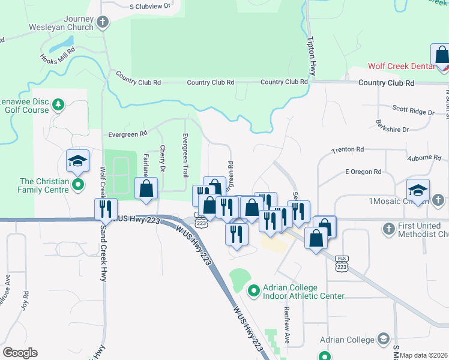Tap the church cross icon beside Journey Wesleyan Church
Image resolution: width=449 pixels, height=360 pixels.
tap(103, 23)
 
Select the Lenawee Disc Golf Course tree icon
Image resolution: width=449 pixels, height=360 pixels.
tap(58, 106)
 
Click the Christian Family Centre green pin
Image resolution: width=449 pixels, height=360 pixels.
tap(77, 184)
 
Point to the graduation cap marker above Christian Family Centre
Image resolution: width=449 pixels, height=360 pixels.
tap(77, 161)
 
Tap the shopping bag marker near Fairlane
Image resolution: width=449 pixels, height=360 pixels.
tap(146, 189)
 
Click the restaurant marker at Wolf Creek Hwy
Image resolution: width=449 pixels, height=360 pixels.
tap(106, 210)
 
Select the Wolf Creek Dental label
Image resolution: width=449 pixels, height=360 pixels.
tap(401, 66)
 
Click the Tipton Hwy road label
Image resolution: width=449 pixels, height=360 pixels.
tap(311, 56)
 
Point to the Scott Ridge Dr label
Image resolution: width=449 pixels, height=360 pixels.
tap(413, 111)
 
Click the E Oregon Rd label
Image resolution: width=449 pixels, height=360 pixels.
tap(363, 172)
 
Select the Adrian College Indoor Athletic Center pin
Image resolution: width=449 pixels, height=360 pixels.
tap(253, 291)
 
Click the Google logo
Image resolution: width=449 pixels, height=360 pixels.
tap(20, 353)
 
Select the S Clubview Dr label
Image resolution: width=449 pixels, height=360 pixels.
tap(150, 7)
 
